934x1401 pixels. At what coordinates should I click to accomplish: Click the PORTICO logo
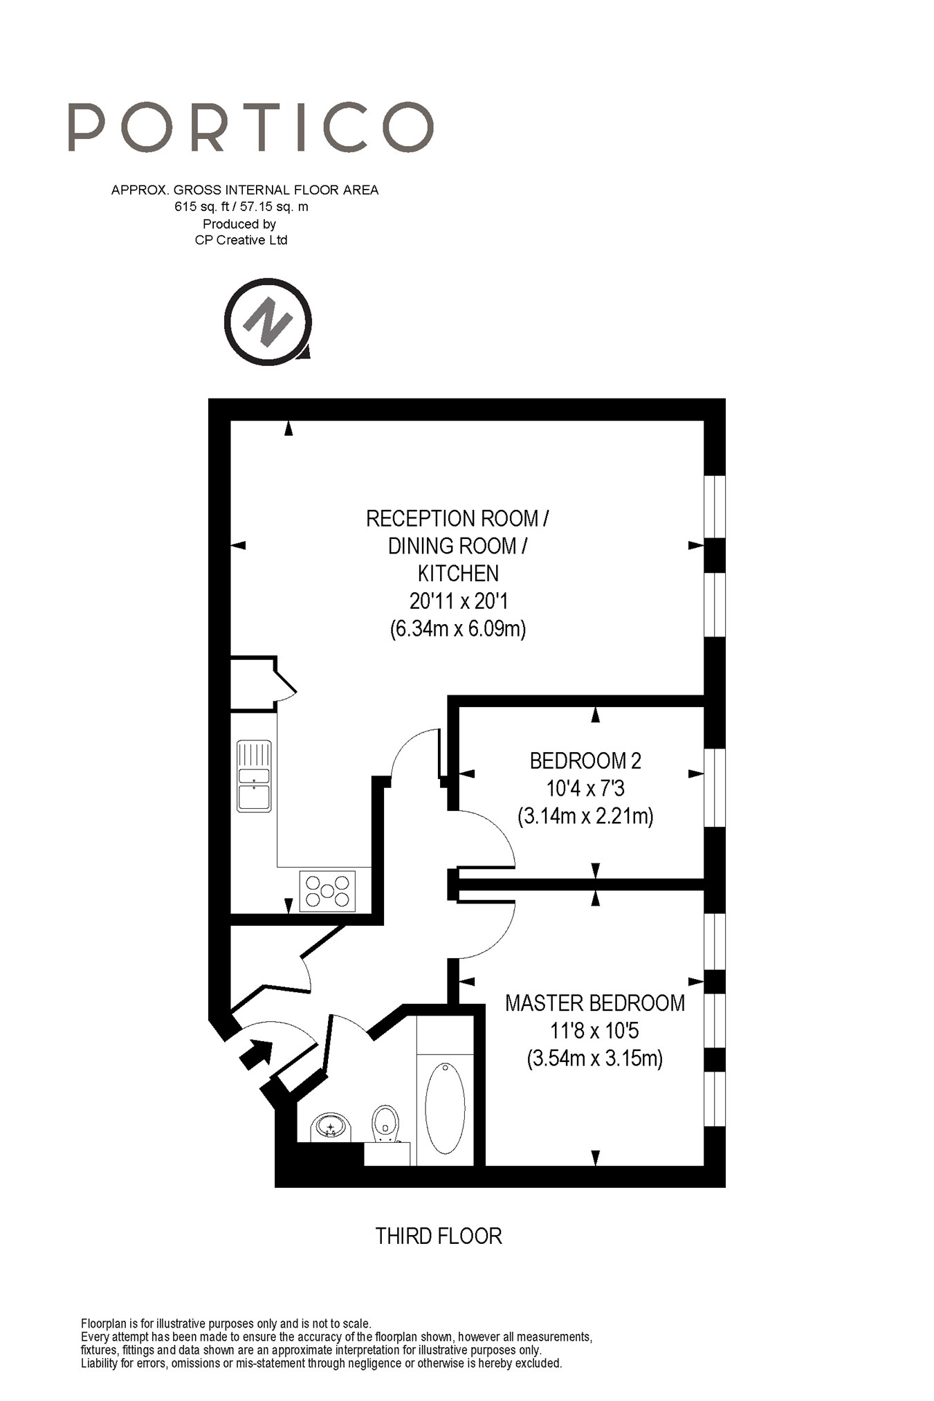coord(250,127)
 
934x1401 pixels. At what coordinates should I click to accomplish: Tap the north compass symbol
coord(268,322)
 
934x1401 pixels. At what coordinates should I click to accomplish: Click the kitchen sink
coord(254,776)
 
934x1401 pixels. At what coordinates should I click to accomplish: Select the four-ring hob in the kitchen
coord(327,891)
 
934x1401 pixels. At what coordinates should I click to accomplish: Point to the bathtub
coord(445,1108)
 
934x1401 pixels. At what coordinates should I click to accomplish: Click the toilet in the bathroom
coord(385,1121)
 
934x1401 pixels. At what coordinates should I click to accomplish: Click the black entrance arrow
coord(255,1054)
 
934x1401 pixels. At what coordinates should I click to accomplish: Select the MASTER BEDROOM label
coord(595,1003)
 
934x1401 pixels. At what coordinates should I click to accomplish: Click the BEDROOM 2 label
coord(585,761)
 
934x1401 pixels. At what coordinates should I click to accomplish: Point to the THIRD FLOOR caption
coord(439,1236)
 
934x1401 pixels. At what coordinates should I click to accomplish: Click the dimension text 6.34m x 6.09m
coord(458,629)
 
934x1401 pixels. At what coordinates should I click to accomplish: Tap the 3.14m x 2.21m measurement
coord(585,816)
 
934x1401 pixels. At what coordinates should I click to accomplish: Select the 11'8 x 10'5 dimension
coord(595,1031)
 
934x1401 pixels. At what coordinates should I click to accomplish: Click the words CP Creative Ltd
coord(241,240)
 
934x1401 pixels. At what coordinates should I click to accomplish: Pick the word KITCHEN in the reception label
coord(458,574)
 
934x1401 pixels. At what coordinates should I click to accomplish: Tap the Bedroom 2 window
coord(715,787)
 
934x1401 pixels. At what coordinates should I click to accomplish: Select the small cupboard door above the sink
coord(286,681)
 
